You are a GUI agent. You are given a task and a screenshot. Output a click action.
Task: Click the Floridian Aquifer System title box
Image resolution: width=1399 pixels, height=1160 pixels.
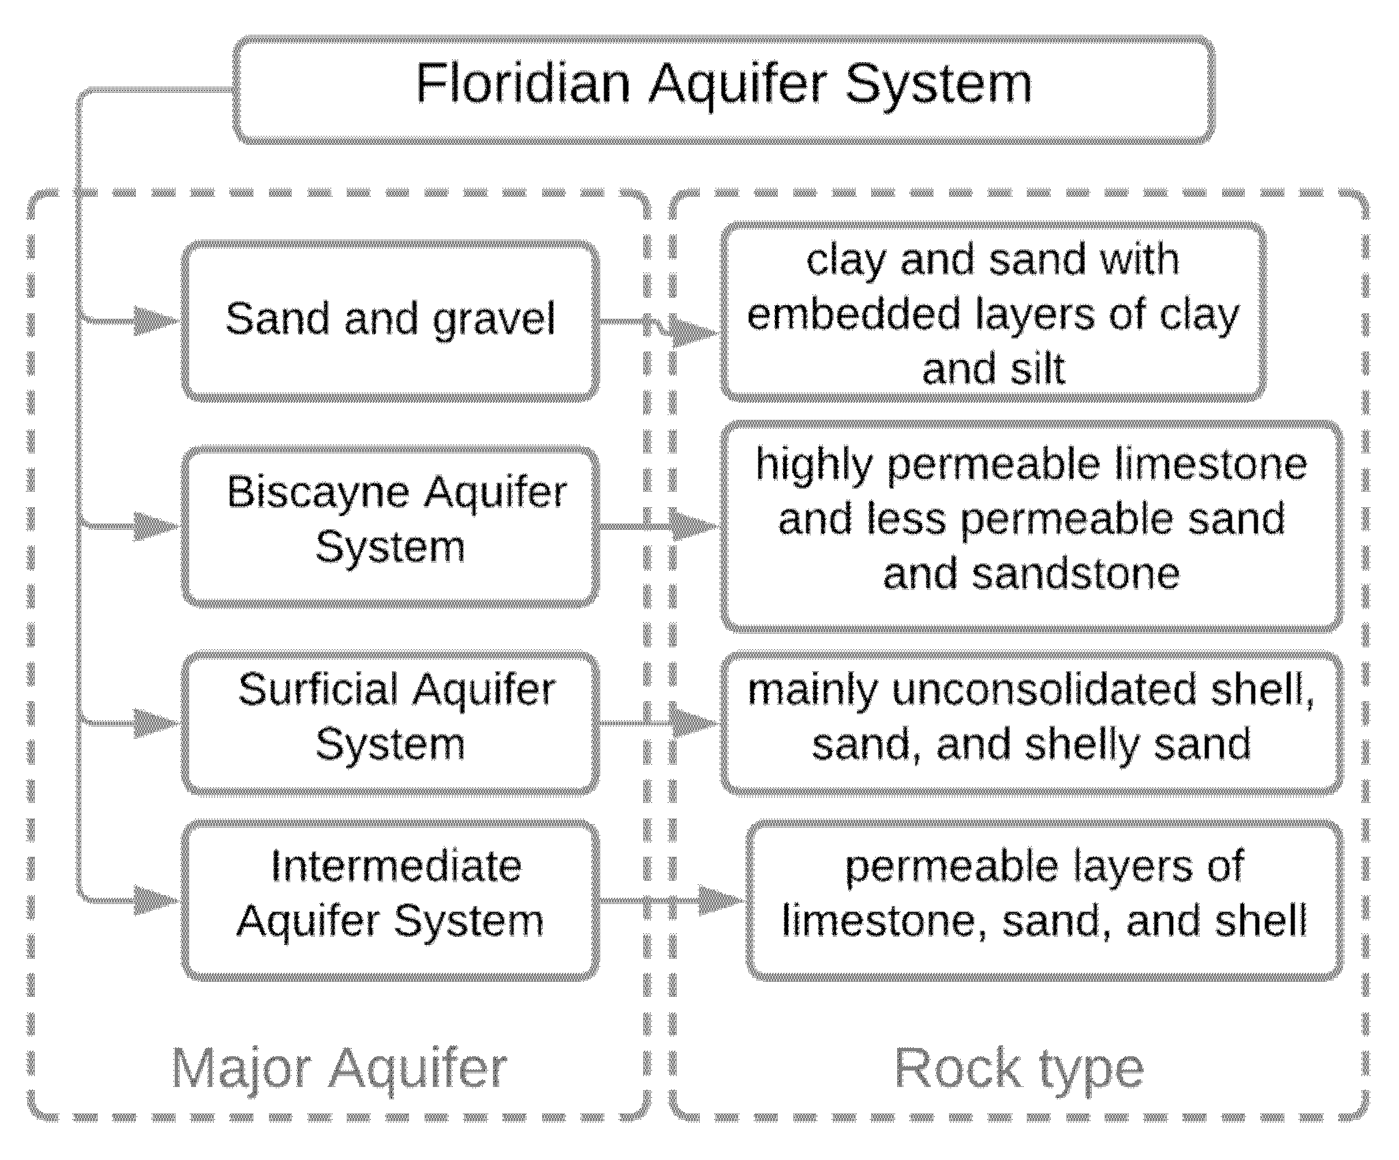724,89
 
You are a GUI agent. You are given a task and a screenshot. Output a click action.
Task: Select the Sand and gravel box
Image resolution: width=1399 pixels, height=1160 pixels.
390,320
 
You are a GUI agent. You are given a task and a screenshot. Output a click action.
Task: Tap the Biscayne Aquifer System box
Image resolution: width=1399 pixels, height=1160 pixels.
390,526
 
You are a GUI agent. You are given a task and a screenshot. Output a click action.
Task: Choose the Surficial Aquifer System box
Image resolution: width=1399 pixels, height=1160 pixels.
390,722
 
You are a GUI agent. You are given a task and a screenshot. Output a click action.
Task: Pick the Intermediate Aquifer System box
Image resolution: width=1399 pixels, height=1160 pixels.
390,899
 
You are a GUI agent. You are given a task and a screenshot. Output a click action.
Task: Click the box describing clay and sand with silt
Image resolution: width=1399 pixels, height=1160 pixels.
993,312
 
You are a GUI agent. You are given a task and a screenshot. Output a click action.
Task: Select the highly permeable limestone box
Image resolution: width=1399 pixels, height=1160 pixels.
1031,526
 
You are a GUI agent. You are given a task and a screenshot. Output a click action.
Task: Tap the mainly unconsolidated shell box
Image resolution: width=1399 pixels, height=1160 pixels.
1031,722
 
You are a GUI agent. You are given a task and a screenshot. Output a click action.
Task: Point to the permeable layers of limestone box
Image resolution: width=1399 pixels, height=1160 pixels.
1043,899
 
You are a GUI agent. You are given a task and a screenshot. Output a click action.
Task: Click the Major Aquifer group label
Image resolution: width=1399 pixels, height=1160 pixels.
339,1069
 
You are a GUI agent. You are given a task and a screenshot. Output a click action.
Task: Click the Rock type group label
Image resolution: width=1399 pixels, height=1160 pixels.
1019,1069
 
